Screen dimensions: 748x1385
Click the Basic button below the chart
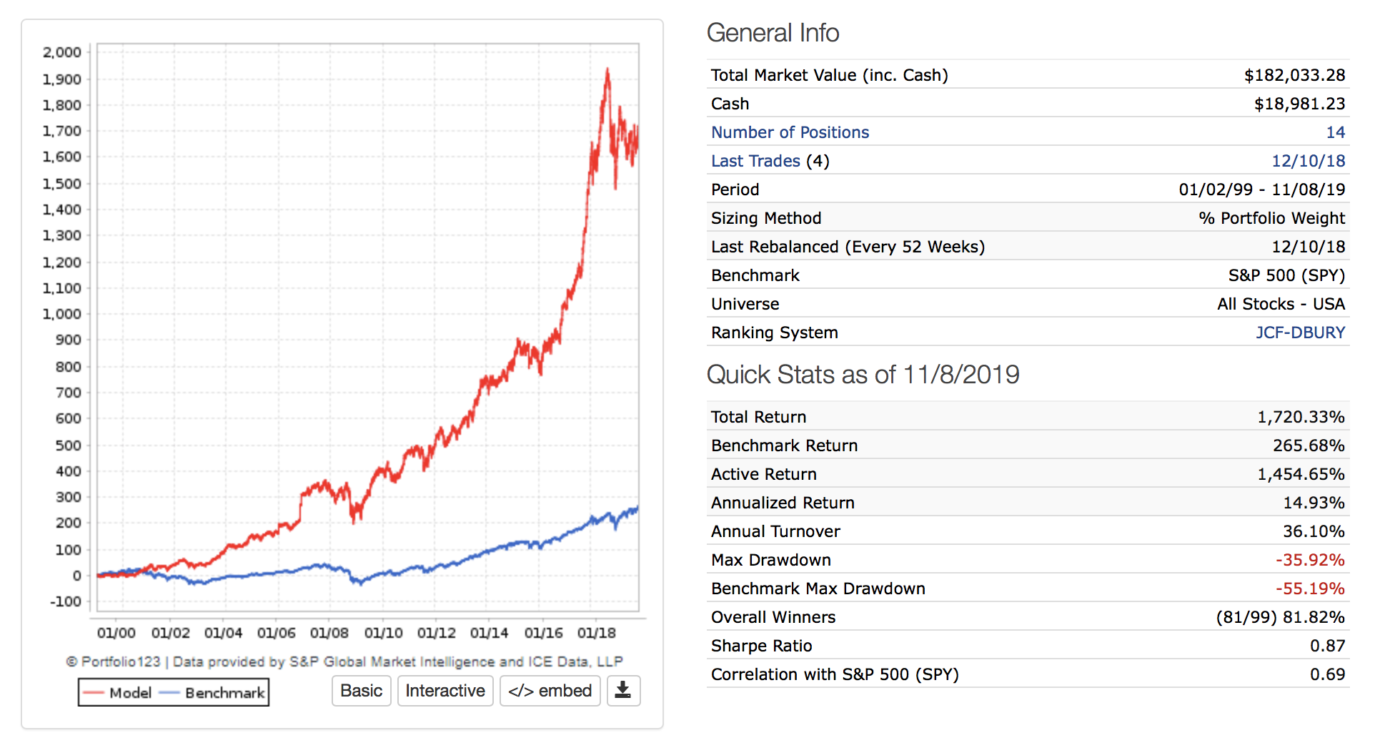pyautogui.click(x=361, y=691)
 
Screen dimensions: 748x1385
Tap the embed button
pyautogui.click(x=550, y=691)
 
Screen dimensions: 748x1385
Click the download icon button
pyautogui.click(x=623, y=691)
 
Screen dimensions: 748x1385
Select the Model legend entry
pyautogui.click(x=119, y=693)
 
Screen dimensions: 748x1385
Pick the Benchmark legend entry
pyautogui.click(x=213, y=693)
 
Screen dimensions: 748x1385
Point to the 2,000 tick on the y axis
pyautogui.click(x=62, y=52)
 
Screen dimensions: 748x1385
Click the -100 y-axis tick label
pyautogui.click(x=66, y=601)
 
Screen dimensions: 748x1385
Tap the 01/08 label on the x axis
pyautogui.click(x=329, y=633)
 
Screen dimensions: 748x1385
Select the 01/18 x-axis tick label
pyautogui.click(x=596, y=633)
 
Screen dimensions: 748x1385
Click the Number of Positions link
pyautogui.click(x=790, y=132)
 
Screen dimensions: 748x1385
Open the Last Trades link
pyautogui.click(x=755, y=161)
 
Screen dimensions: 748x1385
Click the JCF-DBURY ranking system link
pyautogui.click(x=1300, y=333)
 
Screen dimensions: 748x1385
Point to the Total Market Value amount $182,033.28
pyautogui.click(x=1294, y=75)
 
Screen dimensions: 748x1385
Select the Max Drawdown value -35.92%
pyautogui.click(x=1310, y=560)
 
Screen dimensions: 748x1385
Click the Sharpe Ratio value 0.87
pyautogui.click(x=1327, y=646)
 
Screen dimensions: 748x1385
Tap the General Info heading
pyautogui.click(x=773, y=33)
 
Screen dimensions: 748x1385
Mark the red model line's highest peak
pyautogui.click(x=607, y=70)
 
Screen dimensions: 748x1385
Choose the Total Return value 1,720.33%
pyautogui.click(x=1301, y=417)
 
